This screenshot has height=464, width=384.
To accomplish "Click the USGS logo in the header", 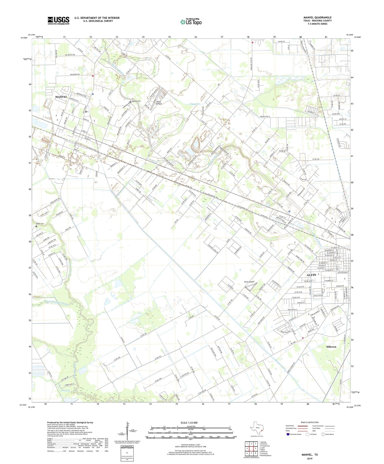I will click(58, 20).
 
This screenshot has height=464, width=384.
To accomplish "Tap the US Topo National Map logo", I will click(191, 22).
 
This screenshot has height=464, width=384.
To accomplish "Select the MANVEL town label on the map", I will click(61, 97).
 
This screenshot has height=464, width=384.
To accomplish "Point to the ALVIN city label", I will click(311, 275).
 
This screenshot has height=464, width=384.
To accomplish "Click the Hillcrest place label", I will click(331, 347).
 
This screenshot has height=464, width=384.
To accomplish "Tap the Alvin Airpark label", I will click(249, 282).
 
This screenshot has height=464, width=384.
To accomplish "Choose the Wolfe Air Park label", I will click(159, 103).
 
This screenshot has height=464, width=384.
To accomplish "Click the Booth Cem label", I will click(40, 224).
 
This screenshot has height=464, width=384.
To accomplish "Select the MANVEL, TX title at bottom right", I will click(309, 455).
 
